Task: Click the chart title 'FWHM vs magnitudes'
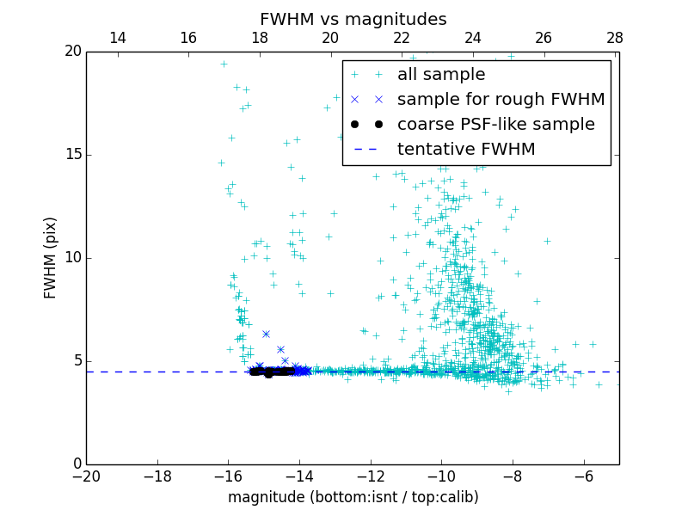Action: coord(353,19)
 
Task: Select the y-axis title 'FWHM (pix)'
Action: coord(51,257)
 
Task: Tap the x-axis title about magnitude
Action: coord(353,497)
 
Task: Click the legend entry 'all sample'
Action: coord(440,75)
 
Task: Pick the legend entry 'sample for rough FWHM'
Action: coord(501,100)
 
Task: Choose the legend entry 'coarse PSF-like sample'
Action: coord(495,125)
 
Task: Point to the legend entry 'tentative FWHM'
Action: coord(465,150)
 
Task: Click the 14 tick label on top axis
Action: coord(118,38)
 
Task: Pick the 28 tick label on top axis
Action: coord(615,38)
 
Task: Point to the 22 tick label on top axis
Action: coord(402,38)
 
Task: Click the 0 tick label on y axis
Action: coord(76,464)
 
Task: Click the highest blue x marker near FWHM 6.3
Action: coord(266,334)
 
